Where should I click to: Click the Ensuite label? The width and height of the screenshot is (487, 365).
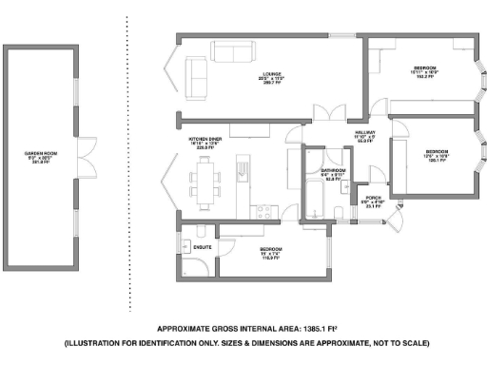pyautogui.click(x=203, y=245)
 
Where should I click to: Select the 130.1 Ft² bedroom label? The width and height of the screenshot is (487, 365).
pyautogui.click(x=437, y=155)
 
